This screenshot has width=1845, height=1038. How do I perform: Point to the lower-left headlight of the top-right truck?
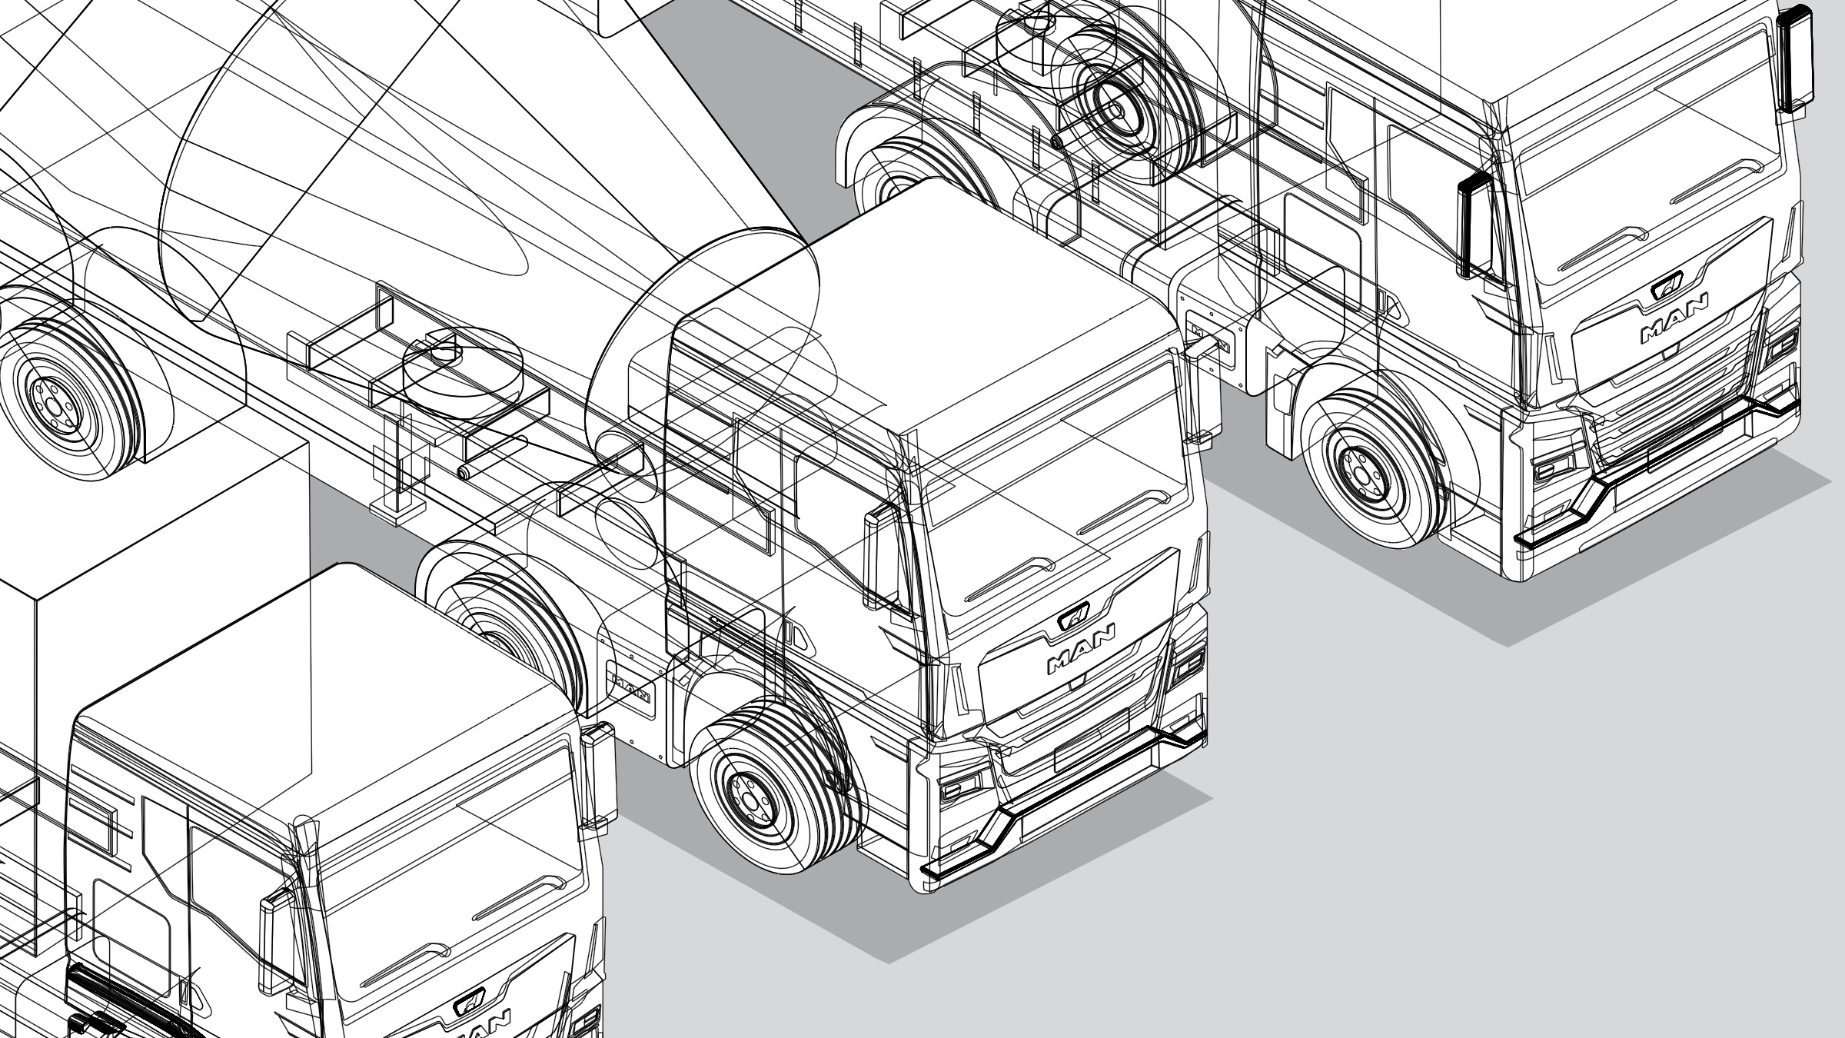(x=1553, y=467)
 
